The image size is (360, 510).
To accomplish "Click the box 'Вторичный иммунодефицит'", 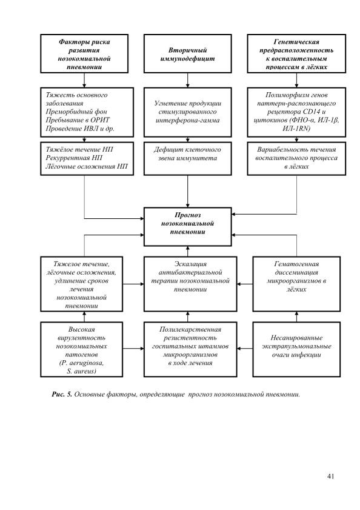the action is (x=188, y=53).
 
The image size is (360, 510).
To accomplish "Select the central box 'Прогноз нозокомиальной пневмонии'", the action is (x=188, y=226).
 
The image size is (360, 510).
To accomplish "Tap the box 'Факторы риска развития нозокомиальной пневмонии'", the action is (x=84, y=53).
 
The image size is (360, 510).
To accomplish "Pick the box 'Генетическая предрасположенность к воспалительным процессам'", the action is (x=296, y=53).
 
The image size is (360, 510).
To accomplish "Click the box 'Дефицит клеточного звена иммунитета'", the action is (x=188, y=158).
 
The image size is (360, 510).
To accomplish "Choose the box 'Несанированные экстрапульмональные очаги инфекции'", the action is (x=296, y=349).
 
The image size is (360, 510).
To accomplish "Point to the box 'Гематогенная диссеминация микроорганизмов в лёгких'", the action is (x=296, y=284).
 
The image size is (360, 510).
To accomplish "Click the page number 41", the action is (x=330, y=476).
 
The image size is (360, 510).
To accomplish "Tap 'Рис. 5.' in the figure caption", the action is (x=62, y=394).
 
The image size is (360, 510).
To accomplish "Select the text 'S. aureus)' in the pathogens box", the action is (x=81, y=371).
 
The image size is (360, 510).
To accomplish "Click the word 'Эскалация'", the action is (x=190, y=264).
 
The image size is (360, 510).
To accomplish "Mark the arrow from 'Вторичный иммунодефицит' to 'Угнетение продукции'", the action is (x=188, y=80).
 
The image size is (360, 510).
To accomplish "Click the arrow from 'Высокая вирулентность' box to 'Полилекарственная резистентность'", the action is (x=133, y=349).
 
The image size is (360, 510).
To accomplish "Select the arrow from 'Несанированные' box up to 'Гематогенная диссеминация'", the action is (x=296, y=317).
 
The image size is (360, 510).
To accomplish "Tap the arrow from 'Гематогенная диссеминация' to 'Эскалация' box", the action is (x=245, y=284).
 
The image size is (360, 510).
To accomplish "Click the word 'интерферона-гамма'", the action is (x=188, y=120).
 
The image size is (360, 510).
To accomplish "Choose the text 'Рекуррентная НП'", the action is (x=74, y=158).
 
